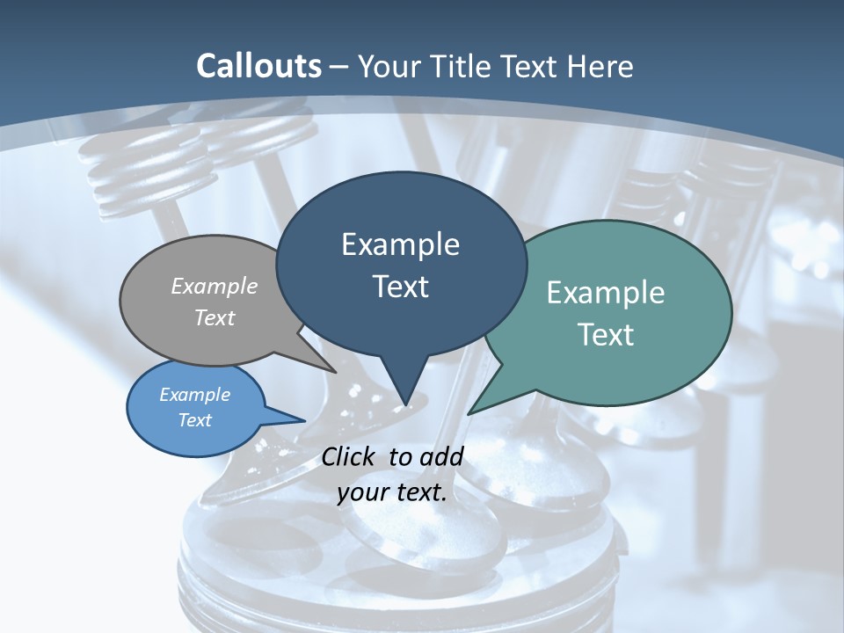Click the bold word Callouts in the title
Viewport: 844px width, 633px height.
coord(258,66)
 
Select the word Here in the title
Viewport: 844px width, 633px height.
coord(601,66)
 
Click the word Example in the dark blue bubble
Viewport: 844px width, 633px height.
coord(400,244)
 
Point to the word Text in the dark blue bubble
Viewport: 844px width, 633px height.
coord(400,287)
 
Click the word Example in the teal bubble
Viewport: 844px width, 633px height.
coord(606,293)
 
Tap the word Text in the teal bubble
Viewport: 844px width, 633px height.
coord(606,335)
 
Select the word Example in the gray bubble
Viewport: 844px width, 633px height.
coord(215,286)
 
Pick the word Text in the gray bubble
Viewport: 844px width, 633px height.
coord(215,317)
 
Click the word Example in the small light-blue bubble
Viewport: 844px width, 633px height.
coord(194,395)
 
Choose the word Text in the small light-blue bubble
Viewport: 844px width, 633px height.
coord(194,420)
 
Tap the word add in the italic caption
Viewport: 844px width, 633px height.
coord(441,456)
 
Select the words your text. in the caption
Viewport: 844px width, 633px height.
coord(392,493)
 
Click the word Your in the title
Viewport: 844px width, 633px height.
coord(389,66)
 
